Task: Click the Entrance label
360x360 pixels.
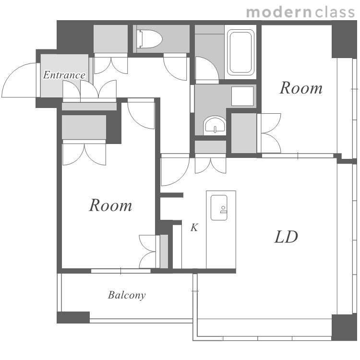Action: point(64,75)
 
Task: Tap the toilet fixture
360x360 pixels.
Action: point(149,39)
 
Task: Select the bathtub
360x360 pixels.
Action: point(240,52)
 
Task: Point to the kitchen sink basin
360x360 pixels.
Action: point(219,207)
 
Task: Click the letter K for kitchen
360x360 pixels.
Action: point(194,228)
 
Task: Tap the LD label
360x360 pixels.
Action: point(286,237)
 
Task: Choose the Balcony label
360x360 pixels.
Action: point(127,295)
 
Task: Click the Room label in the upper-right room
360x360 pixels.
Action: point(301,88)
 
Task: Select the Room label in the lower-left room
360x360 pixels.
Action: point(111,205)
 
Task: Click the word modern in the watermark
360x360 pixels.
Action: point(279,12)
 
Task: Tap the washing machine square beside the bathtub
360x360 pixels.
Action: point(242,96)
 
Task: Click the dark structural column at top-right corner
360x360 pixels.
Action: point(344,39)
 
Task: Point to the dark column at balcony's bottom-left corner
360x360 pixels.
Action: point(73,317)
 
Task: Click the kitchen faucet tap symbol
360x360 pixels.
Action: point(223,209)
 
